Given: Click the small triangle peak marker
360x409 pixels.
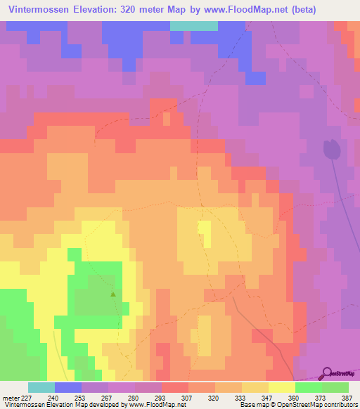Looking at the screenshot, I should tap(113, 294).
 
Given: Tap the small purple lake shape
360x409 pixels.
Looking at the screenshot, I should tap(331, 150).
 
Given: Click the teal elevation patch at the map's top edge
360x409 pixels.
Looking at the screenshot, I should tap(194, 25).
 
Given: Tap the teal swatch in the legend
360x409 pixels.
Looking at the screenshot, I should tap(41, 387).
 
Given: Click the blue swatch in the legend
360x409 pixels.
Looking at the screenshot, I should tap(68, 387).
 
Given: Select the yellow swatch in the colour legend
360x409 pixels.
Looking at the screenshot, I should tap(282, 387).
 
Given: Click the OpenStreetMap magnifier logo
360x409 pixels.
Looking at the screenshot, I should tap(326, 373).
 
